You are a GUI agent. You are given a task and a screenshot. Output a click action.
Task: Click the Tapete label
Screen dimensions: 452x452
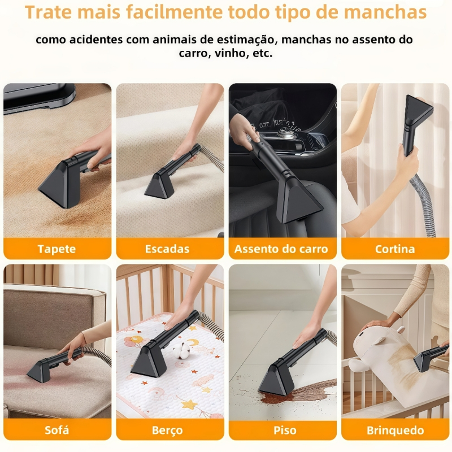[57, 249]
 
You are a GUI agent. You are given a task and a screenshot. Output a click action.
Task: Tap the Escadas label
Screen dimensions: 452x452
[167, 249]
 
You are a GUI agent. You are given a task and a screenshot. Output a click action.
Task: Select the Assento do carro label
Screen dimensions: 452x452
[281, 249]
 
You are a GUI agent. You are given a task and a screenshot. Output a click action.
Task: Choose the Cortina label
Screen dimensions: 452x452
[395, 249]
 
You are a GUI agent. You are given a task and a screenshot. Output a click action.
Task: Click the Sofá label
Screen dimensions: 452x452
[57, 430]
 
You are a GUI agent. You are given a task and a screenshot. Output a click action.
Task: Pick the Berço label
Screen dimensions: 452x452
[167, 430]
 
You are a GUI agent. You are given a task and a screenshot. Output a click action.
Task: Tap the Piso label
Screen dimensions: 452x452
[285, 430]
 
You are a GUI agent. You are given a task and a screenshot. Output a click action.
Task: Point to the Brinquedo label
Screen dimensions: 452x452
[395, 430]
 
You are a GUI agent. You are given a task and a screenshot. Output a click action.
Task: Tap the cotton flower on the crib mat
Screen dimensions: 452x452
[181, 352]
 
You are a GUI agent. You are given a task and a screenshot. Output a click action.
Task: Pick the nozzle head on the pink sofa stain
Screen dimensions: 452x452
[40, 371]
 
